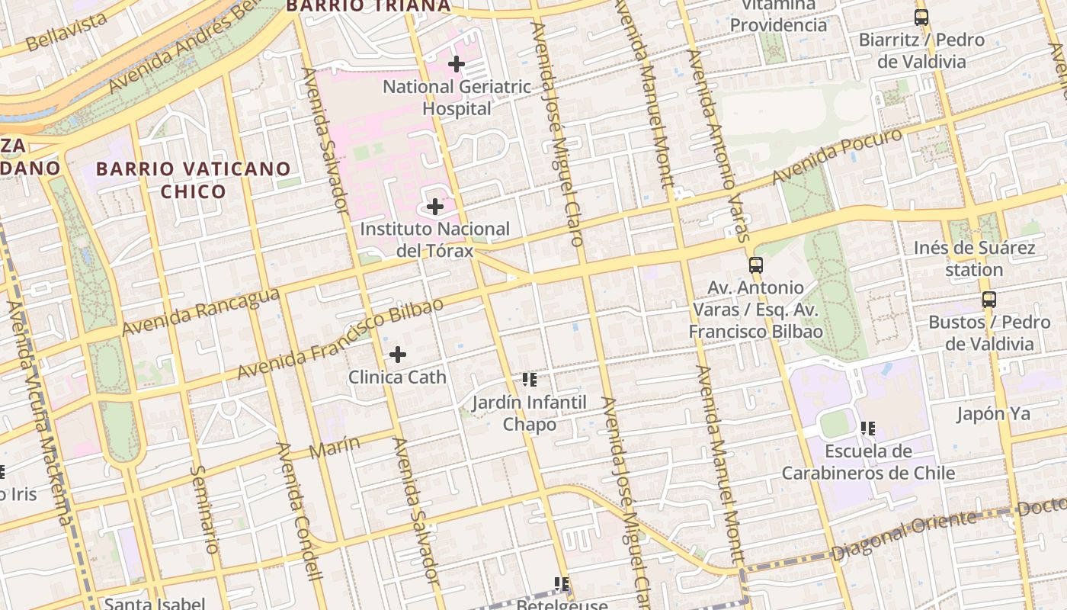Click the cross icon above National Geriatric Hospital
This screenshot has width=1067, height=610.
point(457,64)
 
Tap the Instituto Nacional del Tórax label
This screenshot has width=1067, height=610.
point(434,239)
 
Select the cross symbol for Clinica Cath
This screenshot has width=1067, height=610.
point(398,355)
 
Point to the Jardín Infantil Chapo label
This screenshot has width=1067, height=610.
point(529,413)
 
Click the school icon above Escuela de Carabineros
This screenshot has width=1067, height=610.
point(868,429)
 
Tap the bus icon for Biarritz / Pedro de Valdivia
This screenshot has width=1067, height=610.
point(921,17)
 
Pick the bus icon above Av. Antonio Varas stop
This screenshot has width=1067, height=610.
point(756,265)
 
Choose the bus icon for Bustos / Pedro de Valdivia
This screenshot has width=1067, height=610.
point(989,300)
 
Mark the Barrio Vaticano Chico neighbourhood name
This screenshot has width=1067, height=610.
point(194,180)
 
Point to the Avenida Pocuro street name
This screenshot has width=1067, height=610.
point(837,156)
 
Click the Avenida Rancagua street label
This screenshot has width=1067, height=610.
point(200,311)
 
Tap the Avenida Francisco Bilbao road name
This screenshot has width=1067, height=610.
point(340,339)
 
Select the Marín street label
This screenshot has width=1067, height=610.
point(335,447)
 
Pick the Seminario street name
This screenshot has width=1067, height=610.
point(204,509)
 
